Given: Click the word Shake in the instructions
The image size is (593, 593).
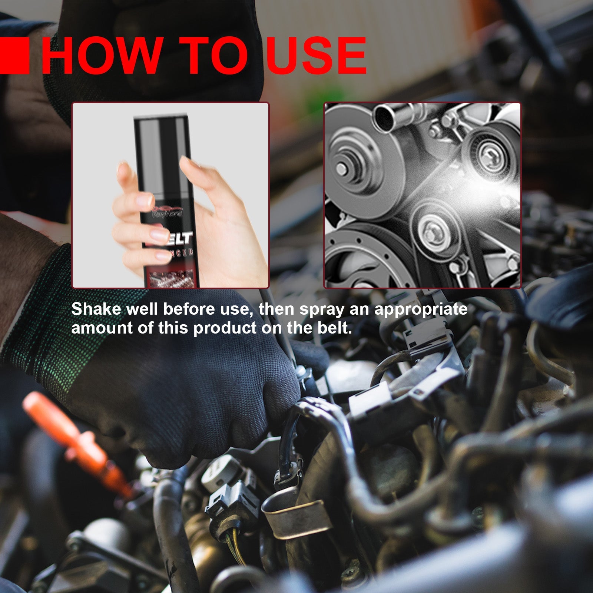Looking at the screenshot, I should tap(96, 309).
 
